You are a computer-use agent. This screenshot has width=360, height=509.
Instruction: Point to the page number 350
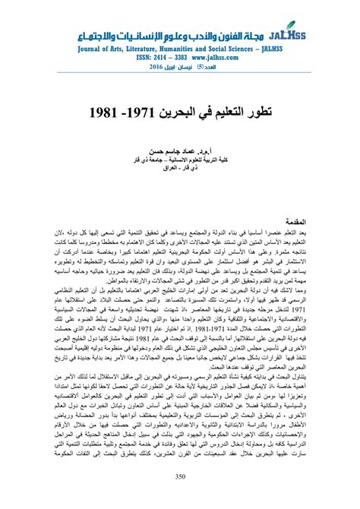click(x=180, y=477)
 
